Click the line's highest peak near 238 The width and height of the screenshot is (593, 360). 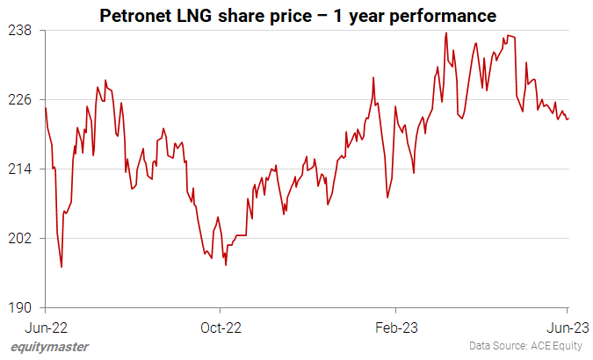[446, 33]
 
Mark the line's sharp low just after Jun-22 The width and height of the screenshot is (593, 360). [61, 267]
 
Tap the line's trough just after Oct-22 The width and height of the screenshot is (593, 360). [226, 265]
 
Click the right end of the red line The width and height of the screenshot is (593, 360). [568, 119]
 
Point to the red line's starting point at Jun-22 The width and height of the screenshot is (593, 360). [45, 107]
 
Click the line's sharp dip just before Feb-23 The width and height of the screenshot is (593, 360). [387, 198]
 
